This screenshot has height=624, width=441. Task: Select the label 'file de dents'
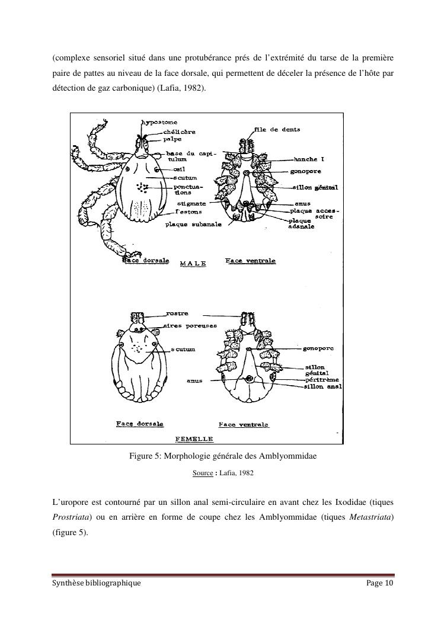pyautogui.click(x=277, y=129)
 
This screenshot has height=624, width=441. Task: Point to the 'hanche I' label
pyautogui.click(x=309, y=159)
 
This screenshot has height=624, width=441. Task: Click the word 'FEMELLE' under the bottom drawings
pyautogui.click(x=195, y=439)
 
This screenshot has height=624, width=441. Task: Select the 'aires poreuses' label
pyautogui.click(x=190, y=326)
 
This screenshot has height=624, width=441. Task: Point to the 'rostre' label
pyautogui.click(x=177, y=313)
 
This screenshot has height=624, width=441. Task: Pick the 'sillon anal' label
pyautogui.click(x=323, y=386)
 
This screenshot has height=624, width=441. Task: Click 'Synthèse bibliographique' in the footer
pyautogui.click(x=96, y=583)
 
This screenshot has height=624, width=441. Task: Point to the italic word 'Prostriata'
pyautogui.click(x=71, y=517)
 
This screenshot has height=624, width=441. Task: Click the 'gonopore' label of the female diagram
pyautogui.click(x=318, y=348)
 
